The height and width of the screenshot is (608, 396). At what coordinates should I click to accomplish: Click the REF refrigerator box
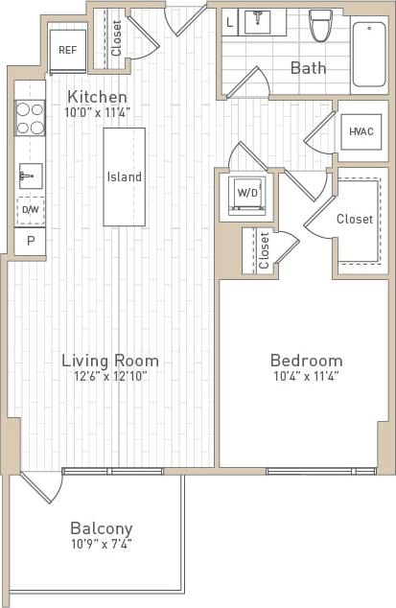(68, 48)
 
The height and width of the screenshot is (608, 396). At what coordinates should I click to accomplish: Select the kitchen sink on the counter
(29, 175)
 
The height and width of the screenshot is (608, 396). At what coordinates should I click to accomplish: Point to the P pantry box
(30, 242)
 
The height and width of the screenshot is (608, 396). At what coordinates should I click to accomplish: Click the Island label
(125, 176)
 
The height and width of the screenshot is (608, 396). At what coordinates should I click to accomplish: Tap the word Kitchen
(97, 97)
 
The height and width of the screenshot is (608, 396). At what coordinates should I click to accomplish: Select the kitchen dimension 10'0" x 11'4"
(97, 112)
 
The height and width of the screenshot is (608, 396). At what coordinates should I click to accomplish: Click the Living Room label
(110, 361)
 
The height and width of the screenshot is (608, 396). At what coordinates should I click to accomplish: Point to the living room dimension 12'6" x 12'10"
(110, 376)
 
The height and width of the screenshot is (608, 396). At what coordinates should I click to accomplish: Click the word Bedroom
(306, 361)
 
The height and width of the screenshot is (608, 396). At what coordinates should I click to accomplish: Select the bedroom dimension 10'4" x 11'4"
(306, 376)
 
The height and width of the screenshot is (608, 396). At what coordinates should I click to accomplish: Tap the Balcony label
(101, 528)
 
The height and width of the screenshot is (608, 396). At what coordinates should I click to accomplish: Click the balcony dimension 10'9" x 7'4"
(101, 544)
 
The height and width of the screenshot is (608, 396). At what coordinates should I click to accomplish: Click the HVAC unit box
(361, 131)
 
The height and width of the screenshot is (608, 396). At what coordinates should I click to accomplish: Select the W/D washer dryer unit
(247, 193)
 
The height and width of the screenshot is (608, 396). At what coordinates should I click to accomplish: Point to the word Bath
(308, 68)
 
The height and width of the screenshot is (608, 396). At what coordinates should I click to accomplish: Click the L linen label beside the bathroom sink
(230, 21)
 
